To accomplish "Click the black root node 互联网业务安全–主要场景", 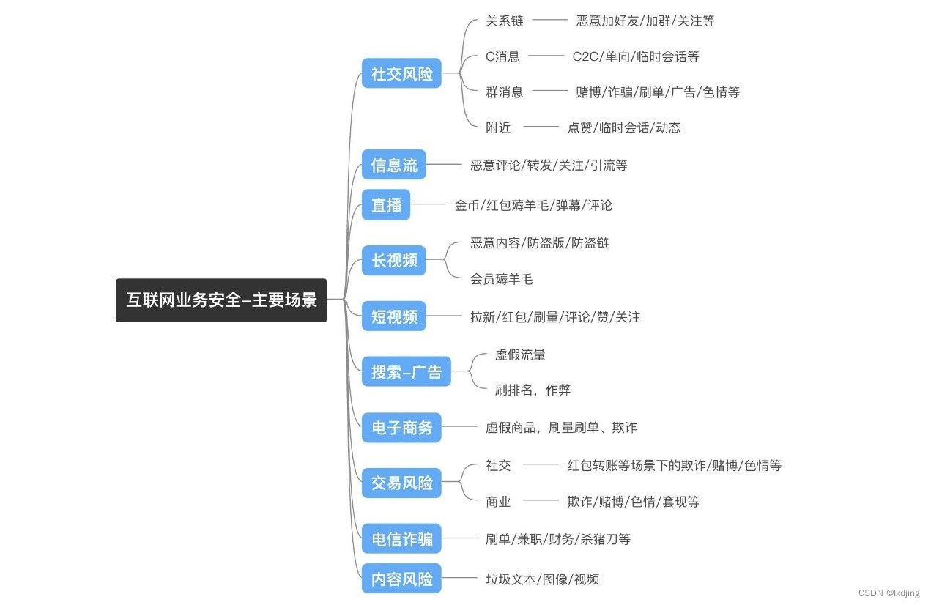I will tap(221, 300).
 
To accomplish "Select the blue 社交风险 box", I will tap(401, 73).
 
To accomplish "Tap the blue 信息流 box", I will tap(393, 165).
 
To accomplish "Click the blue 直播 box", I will tap(386, 205).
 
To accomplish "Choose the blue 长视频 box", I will tap(393, 260).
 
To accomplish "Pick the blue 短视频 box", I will tap(393, 316).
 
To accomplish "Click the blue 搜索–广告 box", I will tap(407, 371).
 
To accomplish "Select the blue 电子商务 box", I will tap(401, 427).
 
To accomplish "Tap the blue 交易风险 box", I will tap(401, 483).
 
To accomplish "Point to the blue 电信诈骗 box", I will tap(401, 540).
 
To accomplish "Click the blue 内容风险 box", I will tap(401, 579).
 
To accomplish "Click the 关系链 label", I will tap(505, 21).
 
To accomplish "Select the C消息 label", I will tap(502, 56).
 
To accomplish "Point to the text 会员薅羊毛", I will tap(502, 278).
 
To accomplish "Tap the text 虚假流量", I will tap(520, 355).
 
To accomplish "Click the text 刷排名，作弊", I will tap(533, 390).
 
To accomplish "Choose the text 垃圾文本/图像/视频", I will tap(542, 579).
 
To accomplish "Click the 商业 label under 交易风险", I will tap(498, 501).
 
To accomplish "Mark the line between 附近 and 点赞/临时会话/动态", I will tap(541, 127).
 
